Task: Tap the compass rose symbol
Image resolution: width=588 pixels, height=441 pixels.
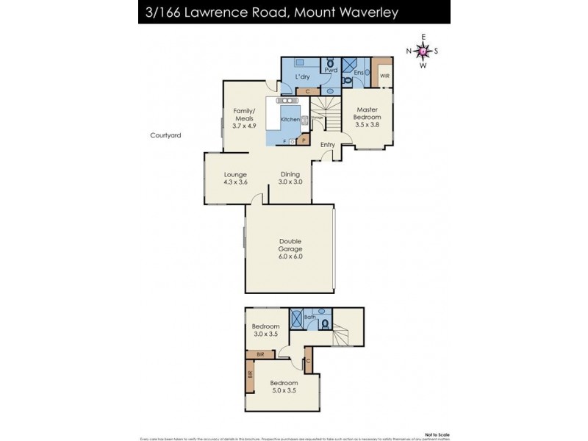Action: click(x=423, y=51)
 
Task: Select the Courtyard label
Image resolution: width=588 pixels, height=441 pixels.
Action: click(x=165, y=135)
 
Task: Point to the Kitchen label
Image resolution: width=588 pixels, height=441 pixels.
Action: click(x=290, y=119)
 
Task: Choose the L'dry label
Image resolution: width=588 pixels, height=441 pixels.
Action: click(x=302, y=77)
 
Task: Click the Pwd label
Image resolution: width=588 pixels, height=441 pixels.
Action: click(x=331, y=71)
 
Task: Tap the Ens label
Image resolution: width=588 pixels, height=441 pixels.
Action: click(x=358, y=73)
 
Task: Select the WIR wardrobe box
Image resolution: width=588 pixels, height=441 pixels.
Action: click(x=383, y=73)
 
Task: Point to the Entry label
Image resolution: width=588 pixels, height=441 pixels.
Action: click(x=327, y=145)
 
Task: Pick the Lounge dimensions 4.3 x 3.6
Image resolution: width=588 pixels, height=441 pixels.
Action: click(x=235, y=182)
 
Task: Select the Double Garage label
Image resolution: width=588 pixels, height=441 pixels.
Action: click(x=290, y=248)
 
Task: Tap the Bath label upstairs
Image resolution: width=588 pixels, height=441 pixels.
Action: click(x=309, y=318)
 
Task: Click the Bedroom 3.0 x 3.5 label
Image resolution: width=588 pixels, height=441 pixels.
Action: click(x=266, y=331)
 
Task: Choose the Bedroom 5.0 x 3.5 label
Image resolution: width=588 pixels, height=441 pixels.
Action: click(x=284, y=387)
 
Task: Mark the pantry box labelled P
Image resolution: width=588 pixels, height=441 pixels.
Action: click(x=303, y=139)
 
